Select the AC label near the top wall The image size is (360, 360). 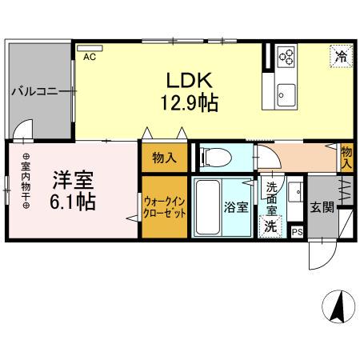click(x=89, y=56)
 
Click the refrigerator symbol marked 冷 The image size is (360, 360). click(x=341, y=56)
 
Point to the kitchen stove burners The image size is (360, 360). click(x=286, y=55)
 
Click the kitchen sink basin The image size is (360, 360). click(x=286, y=95)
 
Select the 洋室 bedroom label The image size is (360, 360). click(x=72, y=177)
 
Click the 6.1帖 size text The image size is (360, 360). click(x=72, y=201)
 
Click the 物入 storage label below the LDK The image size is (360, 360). click(x=165, y=158)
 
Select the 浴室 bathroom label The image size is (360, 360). click(x=235, y=207)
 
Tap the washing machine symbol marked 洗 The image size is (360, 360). click(x=272, y=226)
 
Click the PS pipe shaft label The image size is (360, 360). click(x=297, y=233)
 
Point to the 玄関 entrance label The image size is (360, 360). click(x=322, y=207)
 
